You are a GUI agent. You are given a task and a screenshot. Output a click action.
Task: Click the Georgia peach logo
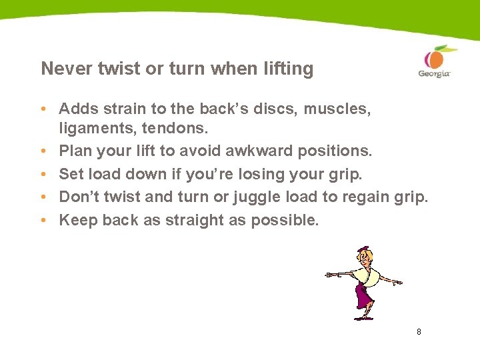coord(434,61)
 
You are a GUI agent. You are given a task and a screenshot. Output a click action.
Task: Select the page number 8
coord(419,331)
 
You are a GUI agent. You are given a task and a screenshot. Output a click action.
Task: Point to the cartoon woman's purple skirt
coord(363,293)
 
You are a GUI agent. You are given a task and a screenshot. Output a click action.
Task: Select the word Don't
coord(79,197)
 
